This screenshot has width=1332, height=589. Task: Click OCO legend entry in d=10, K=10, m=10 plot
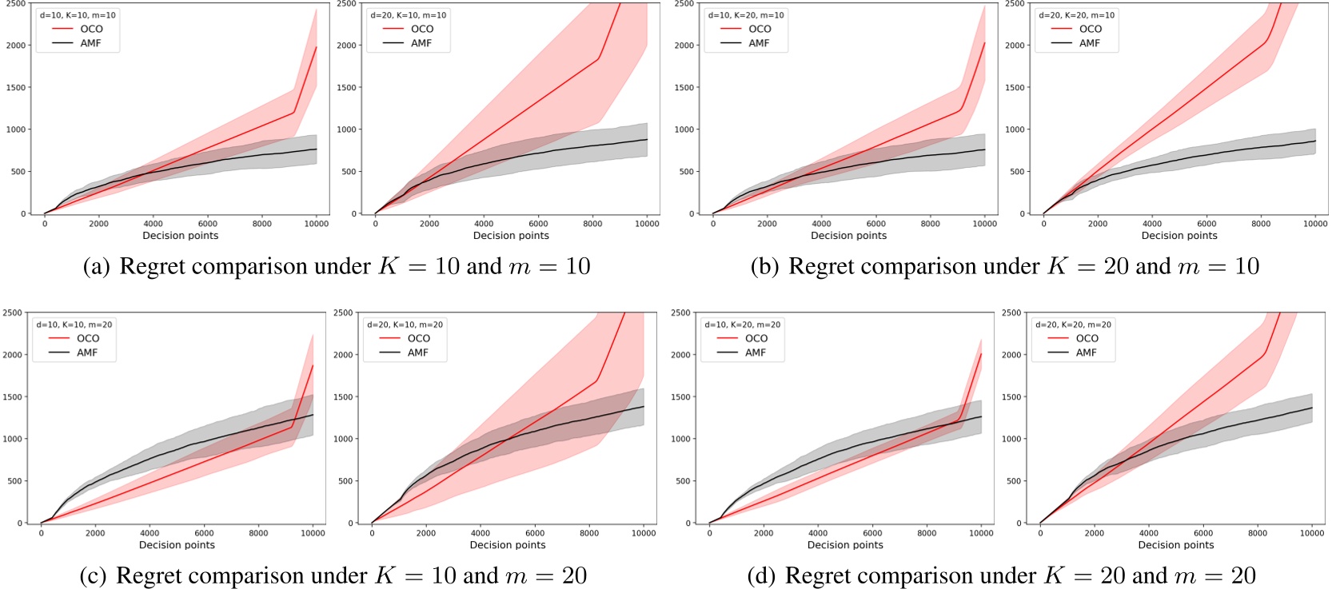coord(91,29)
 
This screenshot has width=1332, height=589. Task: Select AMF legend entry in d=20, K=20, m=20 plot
coord(1086,352)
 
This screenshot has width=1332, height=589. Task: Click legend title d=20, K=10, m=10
coord(408,15)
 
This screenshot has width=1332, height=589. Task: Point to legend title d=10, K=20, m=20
coord(742,324)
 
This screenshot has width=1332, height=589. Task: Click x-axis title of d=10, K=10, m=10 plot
coord(180,236)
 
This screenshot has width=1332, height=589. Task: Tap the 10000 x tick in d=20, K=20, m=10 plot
coord(1315,224)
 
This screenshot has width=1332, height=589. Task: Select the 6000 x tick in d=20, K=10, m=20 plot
coord(535,533)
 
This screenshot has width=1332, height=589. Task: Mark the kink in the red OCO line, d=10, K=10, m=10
coord(295,112)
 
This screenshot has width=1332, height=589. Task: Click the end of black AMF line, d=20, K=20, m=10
coord(1315,141)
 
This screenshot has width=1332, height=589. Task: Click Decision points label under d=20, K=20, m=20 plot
coord(1175,545)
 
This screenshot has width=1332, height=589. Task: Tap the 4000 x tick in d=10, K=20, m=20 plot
coord(818,533)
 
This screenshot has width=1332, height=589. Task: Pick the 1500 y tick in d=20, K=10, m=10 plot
coord(345,88)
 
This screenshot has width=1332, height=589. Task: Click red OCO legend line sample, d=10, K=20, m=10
coord(730,29)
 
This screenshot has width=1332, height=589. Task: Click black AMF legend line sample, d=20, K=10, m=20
coord(389,352)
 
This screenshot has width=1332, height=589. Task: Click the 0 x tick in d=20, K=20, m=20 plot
coord(1040,533)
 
